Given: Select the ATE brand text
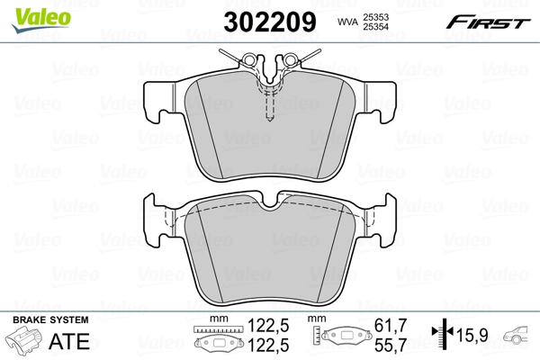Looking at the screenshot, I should pos(75,341).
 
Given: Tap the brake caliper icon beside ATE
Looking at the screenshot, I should pos(26,341).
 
